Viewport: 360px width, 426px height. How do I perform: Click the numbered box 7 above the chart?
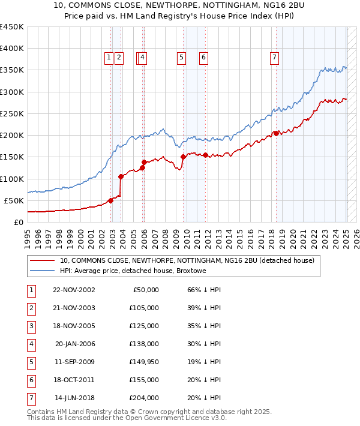click(274, 58)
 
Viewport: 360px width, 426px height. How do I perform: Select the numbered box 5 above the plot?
click(181, 58)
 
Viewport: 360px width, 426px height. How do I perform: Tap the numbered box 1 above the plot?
click(109, 58)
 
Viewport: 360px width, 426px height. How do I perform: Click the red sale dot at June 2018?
click(275, 133)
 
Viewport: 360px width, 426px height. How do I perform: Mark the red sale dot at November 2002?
click(110, 200)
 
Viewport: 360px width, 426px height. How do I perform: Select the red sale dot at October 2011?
click(205, 155)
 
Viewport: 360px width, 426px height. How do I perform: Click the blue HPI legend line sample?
click(42, 271)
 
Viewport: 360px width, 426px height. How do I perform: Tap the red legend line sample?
click(42, 261)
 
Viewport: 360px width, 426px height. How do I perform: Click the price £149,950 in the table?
click(144, 362)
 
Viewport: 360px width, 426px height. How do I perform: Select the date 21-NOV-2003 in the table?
click(73, 308)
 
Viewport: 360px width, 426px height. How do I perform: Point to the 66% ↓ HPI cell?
click(205, 290)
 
